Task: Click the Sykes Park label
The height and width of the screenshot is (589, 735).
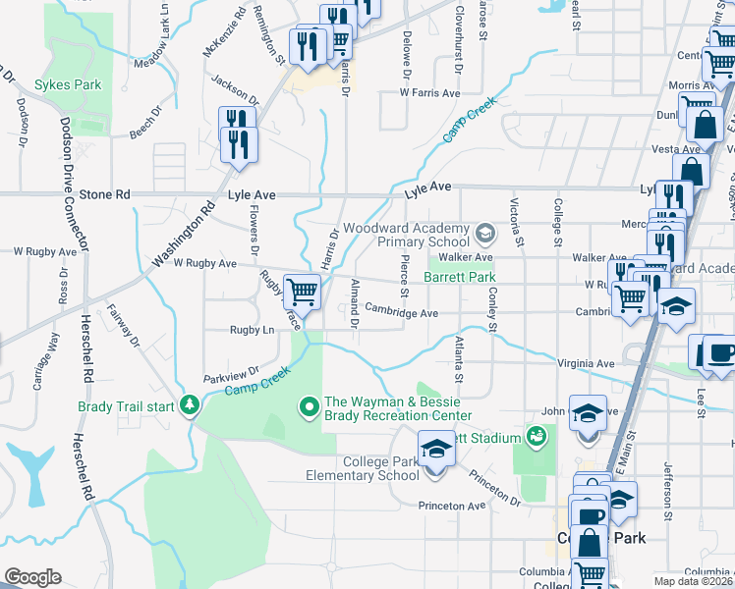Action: coord(68,85)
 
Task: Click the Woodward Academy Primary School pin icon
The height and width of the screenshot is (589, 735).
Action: coord(483,234)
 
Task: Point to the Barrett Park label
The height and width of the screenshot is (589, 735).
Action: coord(459,278)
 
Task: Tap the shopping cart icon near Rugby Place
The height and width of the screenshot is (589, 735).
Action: coord(302,292)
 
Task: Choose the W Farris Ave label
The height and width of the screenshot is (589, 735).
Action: coord(429,93)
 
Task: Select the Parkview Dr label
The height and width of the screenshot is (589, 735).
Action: coord(230,375)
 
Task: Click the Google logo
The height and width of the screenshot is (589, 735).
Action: coord(32,577)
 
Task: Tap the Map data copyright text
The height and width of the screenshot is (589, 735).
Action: coord(694,581)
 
